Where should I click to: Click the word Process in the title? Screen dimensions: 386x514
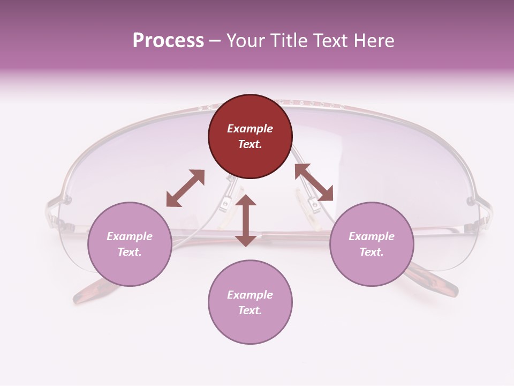coord(168,41)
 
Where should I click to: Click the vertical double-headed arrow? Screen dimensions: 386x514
coord(246,221)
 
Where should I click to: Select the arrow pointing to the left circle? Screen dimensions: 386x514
coord(185,188)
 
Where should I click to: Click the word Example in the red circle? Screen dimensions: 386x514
coord(250,129)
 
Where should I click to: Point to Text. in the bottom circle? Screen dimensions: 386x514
coord(250,310)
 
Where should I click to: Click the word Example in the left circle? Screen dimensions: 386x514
coord(130,236)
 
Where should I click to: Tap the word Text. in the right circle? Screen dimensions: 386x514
coord(372,252)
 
